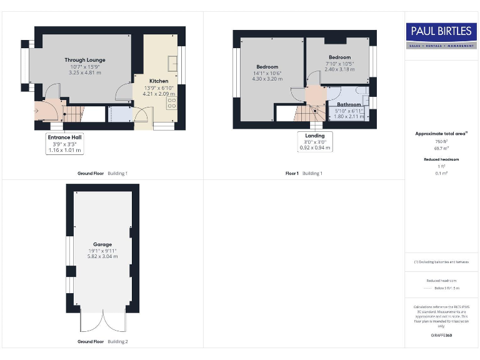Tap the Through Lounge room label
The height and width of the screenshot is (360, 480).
pyautogui.click(x=84, y=61)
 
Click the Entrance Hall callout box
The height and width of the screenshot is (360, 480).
pyautogui.click(x=66, y=143)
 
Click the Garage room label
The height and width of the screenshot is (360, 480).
pyautogui.click(x=102, y=244)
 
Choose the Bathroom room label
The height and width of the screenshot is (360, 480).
pyautogui.click(x=349, y=104)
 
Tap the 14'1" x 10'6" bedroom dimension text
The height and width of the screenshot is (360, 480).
pyautogui.click(x=267, y=73)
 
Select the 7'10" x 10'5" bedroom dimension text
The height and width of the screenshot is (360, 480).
pyautogui.click(x=339, y=63)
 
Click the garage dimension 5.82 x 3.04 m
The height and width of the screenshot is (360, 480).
pyautogui.click(x=102, y=256)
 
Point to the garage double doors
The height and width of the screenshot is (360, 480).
pyautogui.click(x=102, y=322)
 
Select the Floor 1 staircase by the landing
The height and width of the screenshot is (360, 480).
pyautogui.click(x=306, y=114)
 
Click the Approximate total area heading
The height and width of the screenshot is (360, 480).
pyautogui.click(x=442, y=134)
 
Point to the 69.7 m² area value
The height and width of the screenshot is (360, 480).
pyautogui.click(x=442, y=147)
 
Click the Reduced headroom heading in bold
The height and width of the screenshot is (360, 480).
pyautogui.click(x=442, y=159)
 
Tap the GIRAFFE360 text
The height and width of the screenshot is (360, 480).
pyautogui.click(x=442, y=336)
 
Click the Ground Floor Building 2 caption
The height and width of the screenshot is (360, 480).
pyautogui.click(x=102, y=342)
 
